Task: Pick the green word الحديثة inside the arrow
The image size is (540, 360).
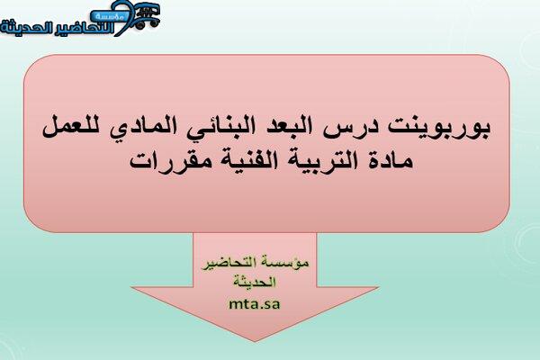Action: [255, 282]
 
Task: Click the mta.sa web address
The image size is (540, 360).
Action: [255, 304]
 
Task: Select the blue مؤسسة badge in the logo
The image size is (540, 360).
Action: [110, 15]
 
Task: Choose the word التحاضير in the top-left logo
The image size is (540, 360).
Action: [83, 28]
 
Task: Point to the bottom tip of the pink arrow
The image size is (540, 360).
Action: [255, 341]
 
